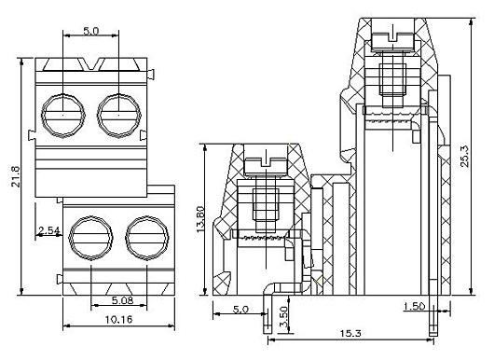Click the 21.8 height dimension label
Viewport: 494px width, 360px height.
(16, 176)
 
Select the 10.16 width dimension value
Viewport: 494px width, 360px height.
(118, 320)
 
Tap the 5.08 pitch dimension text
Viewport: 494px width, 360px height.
(122, 300)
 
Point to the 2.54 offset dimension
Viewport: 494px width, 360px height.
(48, 230)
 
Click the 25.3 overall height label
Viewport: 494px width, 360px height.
(465, 156)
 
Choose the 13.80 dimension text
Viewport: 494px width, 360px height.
(200, 219)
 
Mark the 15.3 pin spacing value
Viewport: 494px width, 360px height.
(350, 333)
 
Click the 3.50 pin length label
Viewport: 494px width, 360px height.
(283, 317)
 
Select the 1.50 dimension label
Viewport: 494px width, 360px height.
(415, 306)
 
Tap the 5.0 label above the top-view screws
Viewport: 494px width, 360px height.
(91, 31)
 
